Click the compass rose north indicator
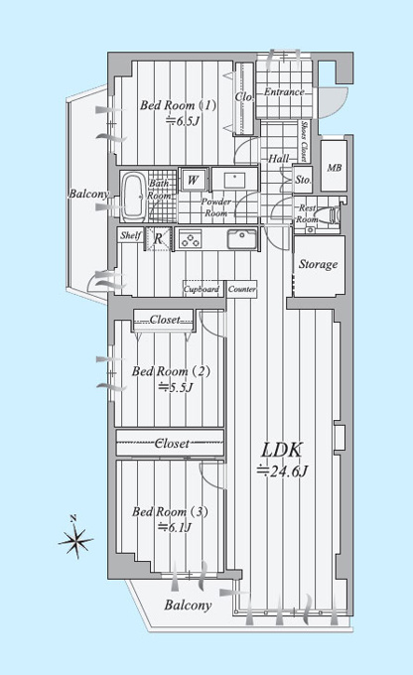(75, 538)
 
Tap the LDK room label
(282, 450)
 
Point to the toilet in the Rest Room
(335, 214)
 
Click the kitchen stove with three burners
(191, 239)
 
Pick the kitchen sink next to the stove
(242, 239)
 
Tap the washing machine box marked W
(193, 180)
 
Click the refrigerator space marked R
(158, 239)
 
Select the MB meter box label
(335, 168)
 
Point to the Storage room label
(319, 264)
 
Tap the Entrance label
(284, 91)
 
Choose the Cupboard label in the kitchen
(202, 289)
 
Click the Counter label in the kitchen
(241, 289)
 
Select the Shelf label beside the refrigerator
(131, 235)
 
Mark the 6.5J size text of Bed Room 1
(183, 121)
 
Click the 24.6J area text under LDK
(282, 471)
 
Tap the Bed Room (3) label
(170, 512)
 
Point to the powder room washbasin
(234, 179)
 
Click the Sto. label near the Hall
(303, 180)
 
